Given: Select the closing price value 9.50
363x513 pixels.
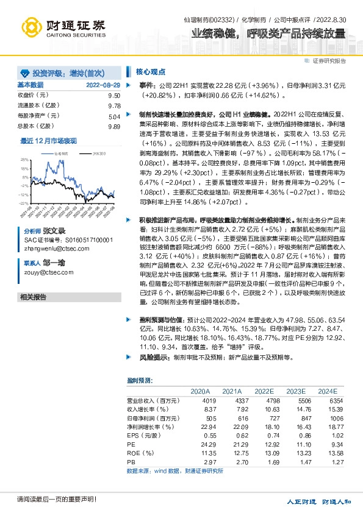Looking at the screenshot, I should pyautogui.click(x=113, y=96).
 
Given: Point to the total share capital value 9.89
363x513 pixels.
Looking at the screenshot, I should pyautogui.click(x=113, y=126).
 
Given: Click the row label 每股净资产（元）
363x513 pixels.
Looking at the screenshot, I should pyautogui.click(x=38, y=116).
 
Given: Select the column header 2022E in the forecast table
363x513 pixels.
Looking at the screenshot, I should pyautogui.click(x=264, y=391).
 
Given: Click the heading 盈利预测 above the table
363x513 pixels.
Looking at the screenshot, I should pyautogui.click(x=140, y=380).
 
